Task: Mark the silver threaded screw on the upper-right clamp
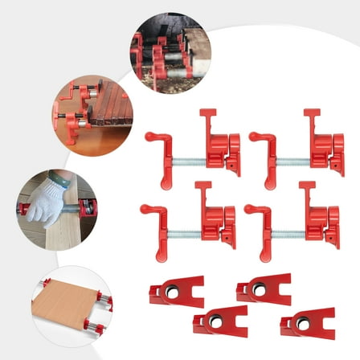tap(291, 150)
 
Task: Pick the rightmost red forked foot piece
tap(307, 323)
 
